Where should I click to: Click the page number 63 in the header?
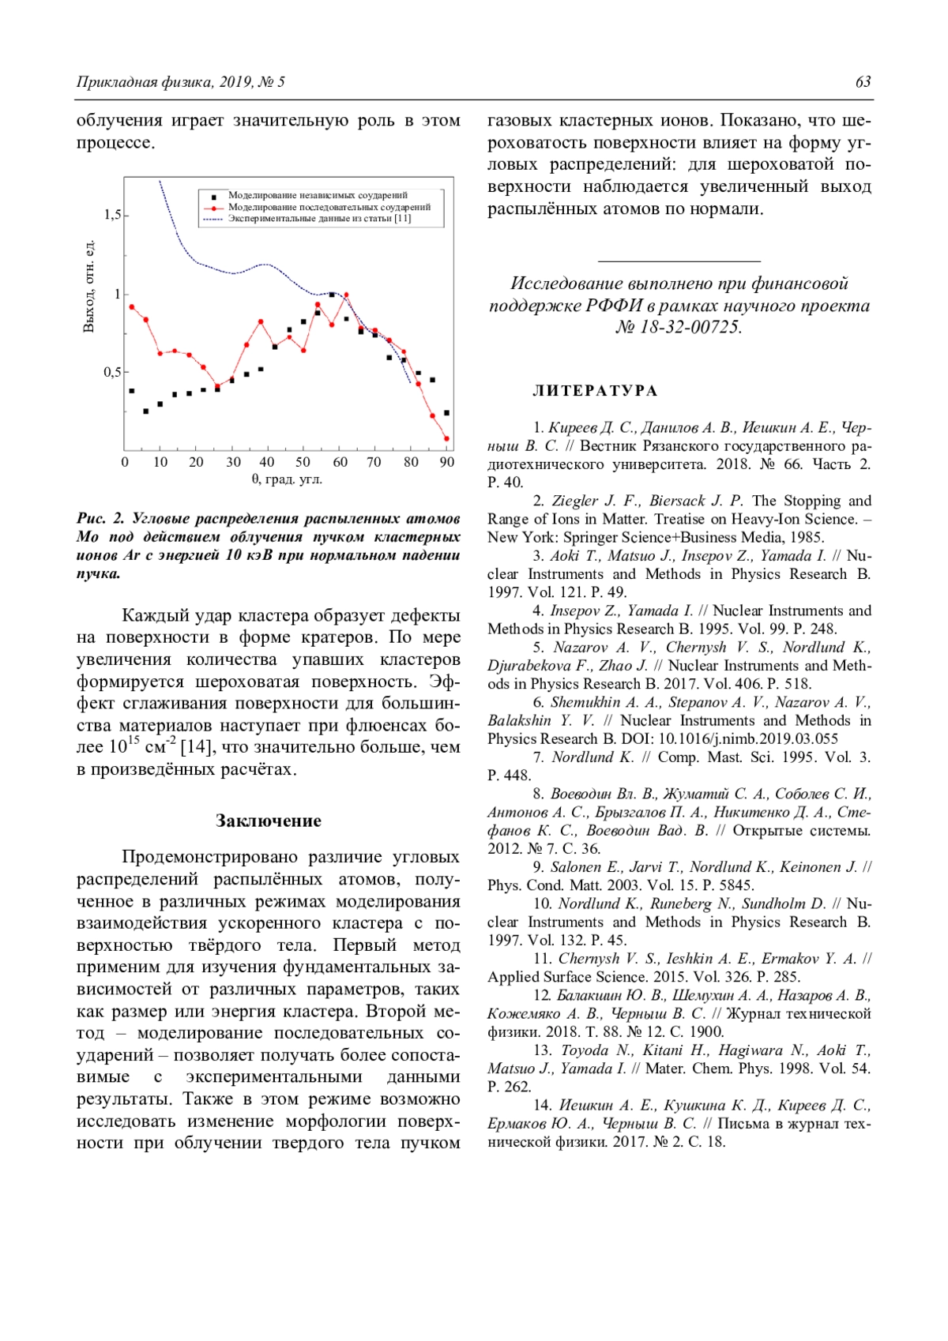click(863, 82)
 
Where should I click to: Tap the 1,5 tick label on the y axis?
click(113, 215)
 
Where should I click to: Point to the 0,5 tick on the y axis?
click(113, 372)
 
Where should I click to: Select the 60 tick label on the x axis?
click(340, 462)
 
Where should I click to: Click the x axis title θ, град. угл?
click(287, 479)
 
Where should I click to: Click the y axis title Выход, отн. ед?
click(89, 286)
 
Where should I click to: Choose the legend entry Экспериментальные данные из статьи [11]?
click(319, 218)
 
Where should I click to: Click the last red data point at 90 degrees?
click(447, 438)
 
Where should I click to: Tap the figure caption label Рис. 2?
click(100, 519)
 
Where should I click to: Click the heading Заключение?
click(269, 821)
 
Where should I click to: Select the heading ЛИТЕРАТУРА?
click(595, 391)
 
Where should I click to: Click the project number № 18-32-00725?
click(679, 327)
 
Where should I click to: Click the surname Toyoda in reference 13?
click(585, 1050)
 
